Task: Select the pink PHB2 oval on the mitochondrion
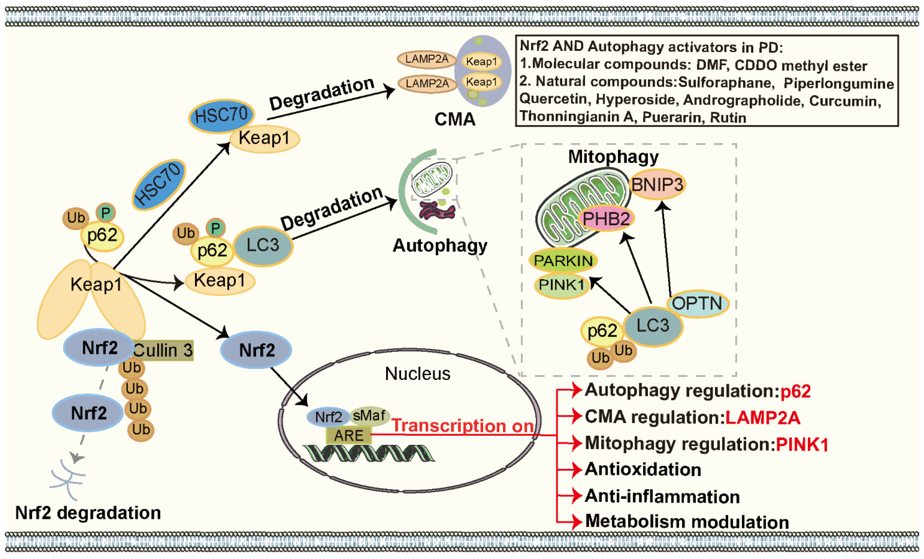[606, 218]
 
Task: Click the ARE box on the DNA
[349, 436]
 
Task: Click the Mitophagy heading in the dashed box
[613, 157]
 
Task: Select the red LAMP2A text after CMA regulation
[763, 417]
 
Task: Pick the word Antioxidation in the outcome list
[643, 469]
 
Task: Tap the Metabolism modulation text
[687, 522]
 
